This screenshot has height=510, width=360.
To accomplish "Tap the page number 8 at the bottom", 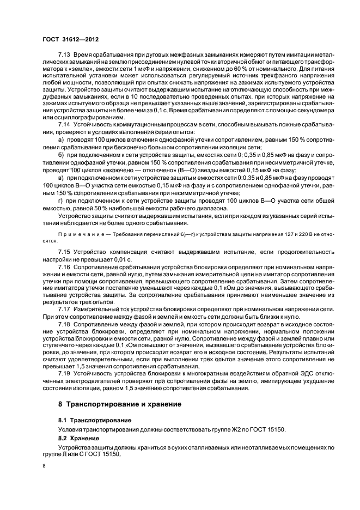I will (x=44, y=466).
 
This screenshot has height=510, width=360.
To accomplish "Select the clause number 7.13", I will (x=64, y=72).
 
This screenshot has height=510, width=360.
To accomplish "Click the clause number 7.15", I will (x=64, y=253).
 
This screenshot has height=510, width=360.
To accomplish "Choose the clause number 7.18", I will (x=64, y=323).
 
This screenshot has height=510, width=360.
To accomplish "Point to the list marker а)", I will (x=61, y=140).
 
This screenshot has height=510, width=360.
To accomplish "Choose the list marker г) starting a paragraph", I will (x=61, y=200).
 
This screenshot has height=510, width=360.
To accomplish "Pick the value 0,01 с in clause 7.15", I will (x=124, y=259).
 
